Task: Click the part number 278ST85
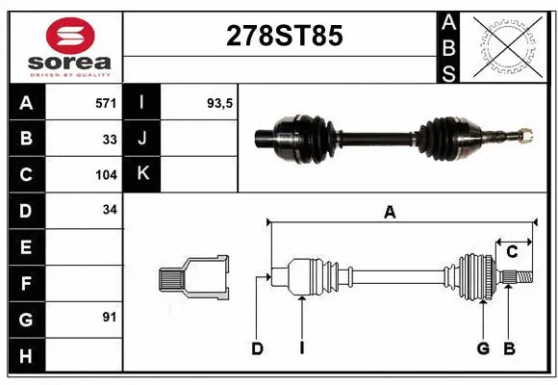click(x=283, y=36)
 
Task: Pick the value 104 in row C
click(x=106, y=175)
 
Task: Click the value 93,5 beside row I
click(x=220, y=101)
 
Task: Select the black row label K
click(x=142, y=174)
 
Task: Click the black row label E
click(x=25, y=247)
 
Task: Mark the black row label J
click(x=142, y=138)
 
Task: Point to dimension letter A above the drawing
click(x=390, y=214)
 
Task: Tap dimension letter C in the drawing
click(x=513, y=252)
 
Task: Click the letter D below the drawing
click(x=257, y=348)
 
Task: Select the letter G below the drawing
click(x=483, y=348)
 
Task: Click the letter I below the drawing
click(x=301, y=348)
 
